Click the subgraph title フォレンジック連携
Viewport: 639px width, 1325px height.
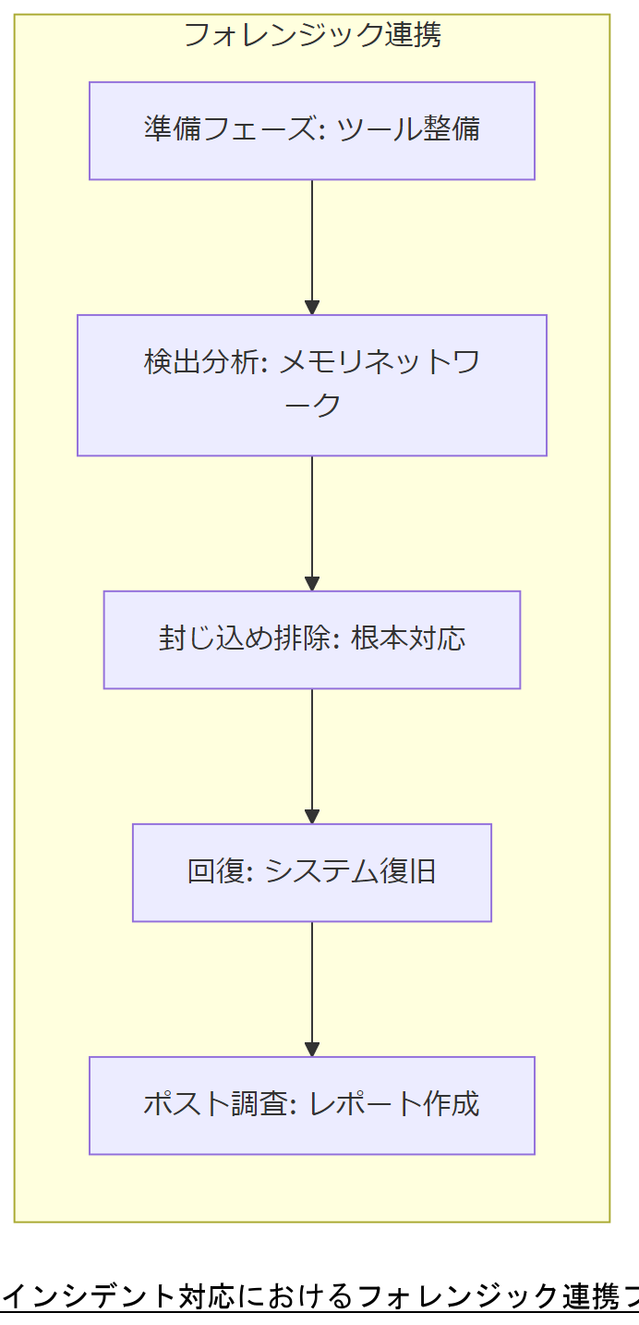312,35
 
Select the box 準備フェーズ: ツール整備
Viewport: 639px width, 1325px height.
312,130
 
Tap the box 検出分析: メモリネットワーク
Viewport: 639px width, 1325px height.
312,385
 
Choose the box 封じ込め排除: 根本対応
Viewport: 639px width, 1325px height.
312,639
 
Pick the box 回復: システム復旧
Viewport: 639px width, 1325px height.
312,872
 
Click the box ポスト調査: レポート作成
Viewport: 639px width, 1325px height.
312,1105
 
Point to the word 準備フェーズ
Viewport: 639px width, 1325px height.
230,128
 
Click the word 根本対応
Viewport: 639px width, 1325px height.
408,638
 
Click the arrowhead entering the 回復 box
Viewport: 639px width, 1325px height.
312,817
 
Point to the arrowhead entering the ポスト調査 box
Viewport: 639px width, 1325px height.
312,1050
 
